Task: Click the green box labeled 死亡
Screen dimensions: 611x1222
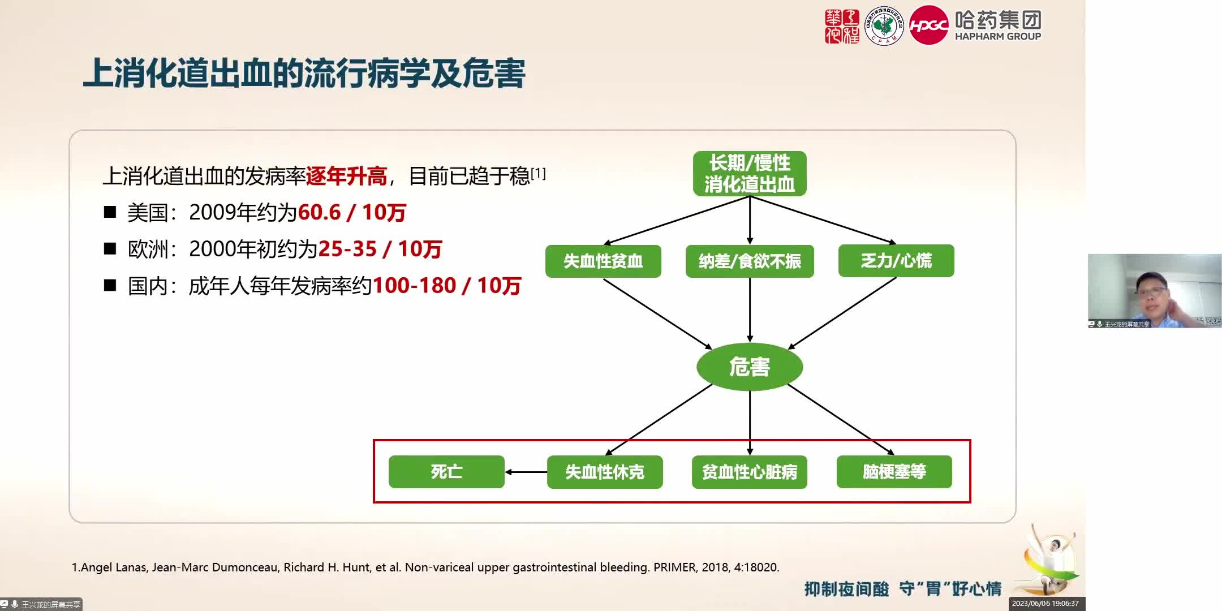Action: tap(446, 472)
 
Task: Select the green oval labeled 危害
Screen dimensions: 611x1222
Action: tap(750, 367)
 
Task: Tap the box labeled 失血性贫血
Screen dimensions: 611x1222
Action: tap(603, 261)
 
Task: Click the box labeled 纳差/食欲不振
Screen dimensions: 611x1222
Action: tap(750, 261)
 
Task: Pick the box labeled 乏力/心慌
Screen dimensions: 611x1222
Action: tap(896, 261)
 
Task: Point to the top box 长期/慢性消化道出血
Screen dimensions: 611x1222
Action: tap(750, 174)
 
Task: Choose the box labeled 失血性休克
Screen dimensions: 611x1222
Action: tap(605, 472)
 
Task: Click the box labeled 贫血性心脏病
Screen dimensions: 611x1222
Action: tap(750, 472)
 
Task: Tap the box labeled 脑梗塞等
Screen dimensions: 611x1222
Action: tap(894, 472)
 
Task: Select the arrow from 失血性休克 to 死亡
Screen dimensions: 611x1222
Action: tap(526, 472)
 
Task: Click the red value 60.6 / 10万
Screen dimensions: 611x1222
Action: tap(352, 213)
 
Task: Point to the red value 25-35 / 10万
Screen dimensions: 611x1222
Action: tap(380, 249)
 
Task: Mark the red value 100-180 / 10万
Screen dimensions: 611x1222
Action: tap(446, 286)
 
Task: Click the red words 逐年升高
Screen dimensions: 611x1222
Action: tap(346, 177)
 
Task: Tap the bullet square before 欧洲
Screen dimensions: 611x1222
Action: tap(110, 249)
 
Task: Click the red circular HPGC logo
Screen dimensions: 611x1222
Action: tap(928, 25)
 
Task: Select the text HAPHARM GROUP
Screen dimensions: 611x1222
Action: tap(998, 36)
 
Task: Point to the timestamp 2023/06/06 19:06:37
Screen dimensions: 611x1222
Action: tap(1045, 604)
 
